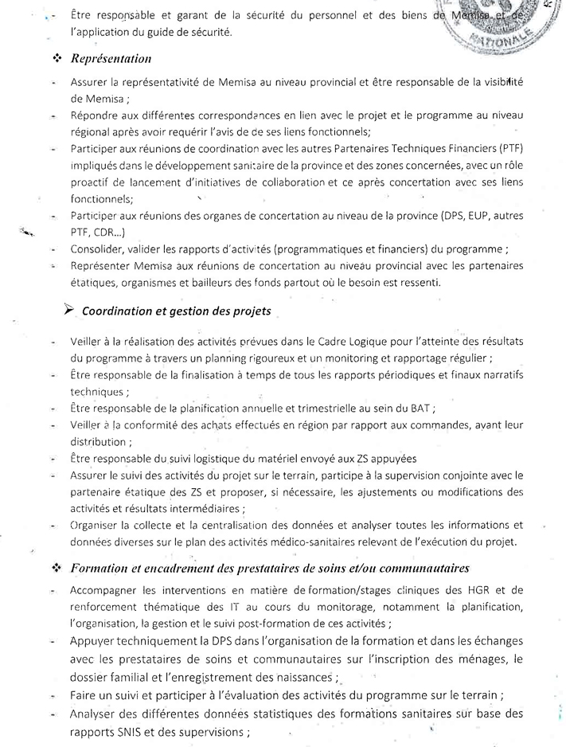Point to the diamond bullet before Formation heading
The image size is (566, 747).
tap(57, 568)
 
